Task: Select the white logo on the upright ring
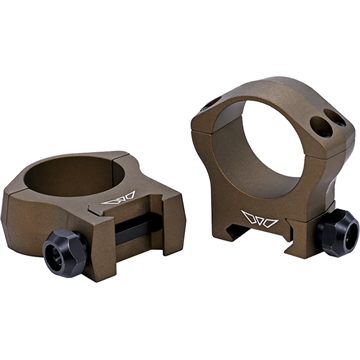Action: (x=264, y=214)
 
